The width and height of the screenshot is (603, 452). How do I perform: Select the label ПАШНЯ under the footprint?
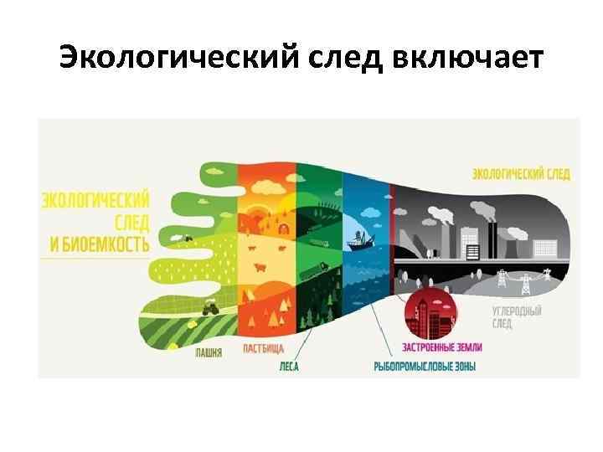click(x=209, y=353)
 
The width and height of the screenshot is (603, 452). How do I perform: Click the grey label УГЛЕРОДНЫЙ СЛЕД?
click(x=517, y=316)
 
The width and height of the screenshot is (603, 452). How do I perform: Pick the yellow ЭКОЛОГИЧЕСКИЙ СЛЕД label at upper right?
click(x=521, y=174)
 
